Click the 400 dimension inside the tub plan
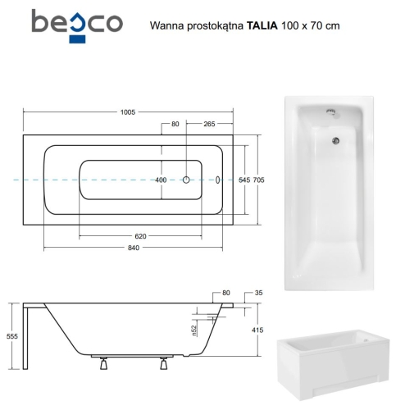click(161, 180)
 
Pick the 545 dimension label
click(244, 180)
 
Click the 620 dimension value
click(141, 236)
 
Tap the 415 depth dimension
click(257, 330)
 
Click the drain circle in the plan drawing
click(187, 180)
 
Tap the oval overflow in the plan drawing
click(218, 180)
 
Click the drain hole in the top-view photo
click(335, 140)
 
